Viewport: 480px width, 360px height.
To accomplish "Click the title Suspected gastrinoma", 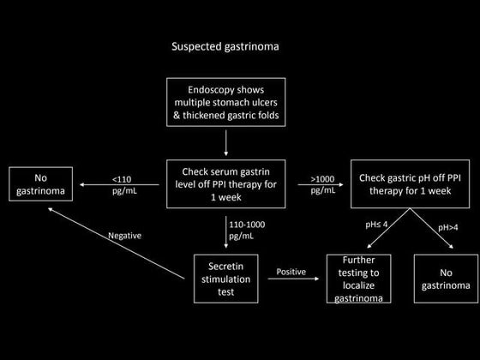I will point(225,45).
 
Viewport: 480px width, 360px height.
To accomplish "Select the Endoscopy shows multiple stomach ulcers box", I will point(226,103).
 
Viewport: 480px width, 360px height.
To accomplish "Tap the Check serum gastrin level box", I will point(226,184).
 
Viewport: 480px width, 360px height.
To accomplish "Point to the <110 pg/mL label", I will point(123,184).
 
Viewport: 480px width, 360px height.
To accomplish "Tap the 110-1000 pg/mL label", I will point(243,229).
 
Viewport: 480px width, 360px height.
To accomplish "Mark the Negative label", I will point(124,236).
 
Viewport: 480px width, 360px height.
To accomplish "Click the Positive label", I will point(291,272).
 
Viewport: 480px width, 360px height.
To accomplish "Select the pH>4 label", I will point(449,228).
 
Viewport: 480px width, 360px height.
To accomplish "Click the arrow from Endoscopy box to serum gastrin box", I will point(226,142).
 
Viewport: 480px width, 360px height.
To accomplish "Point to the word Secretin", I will point(226,265).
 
